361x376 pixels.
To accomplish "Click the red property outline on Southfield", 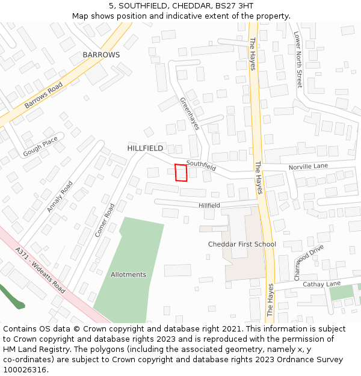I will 180,173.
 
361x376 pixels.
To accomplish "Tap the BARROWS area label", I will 101,55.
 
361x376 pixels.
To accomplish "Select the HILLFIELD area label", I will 145,148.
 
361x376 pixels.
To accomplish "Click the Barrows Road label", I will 43,96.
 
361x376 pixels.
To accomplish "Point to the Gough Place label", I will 40,146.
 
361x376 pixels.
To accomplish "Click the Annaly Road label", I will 60,197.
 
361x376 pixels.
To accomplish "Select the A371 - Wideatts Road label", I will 40,270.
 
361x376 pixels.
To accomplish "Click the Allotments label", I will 128,275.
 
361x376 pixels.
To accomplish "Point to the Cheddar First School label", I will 242,244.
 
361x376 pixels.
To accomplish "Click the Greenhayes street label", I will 190,114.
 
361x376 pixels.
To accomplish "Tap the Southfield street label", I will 201,165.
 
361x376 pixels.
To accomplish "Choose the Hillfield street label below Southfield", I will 209,206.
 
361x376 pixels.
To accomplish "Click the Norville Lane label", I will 308,165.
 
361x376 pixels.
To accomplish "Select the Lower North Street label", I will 298,60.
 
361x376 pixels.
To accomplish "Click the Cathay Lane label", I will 321,284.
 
